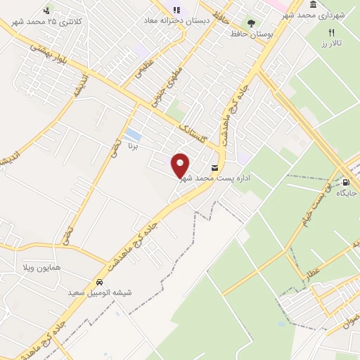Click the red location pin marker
point(181,166)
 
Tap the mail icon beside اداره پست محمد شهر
point(214,168)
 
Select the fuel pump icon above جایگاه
point(346,182)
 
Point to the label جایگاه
point(347,193)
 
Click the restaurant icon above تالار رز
point(332,32)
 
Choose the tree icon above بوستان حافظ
point(251,23)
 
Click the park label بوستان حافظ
point(256,34)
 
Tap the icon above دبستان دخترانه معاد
point(176,10)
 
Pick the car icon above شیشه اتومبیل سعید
point(100,281)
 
